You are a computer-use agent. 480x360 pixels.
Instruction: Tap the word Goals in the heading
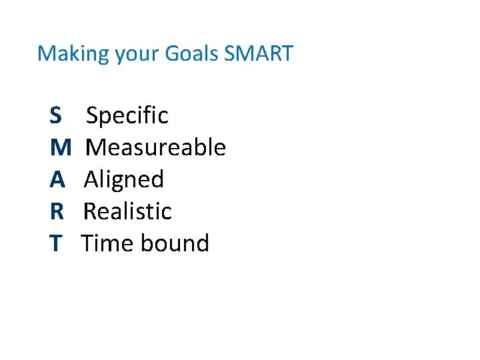click(193, 53)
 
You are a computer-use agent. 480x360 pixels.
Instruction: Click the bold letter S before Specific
click(55, 115)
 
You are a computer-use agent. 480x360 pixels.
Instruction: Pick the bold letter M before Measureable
click(59, 147)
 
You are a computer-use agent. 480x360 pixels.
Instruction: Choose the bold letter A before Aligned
click(57, 179)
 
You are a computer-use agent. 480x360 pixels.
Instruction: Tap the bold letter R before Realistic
click(57, 211)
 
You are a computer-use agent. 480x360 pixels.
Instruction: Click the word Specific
click(127, 115)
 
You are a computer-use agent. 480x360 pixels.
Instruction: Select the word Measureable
click(156, 147)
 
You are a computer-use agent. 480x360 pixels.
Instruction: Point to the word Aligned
click(124, 179)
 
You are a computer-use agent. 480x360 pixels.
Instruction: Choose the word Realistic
click(127, 211)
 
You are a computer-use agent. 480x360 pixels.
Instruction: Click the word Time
click(107, 243)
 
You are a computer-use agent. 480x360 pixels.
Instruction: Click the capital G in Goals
click(172, 53)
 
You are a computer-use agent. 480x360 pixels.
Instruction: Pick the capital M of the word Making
click(46, 53)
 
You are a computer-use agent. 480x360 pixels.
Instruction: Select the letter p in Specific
click(107, 117)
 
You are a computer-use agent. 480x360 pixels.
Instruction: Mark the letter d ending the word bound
click(202, 243)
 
